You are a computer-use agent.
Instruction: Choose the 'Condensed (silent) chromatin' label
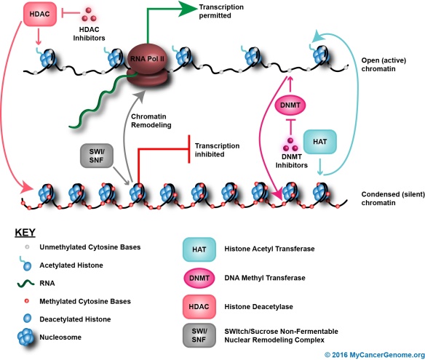coord(390,199)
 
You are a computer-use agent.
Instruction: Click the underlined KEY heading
coord(26,233)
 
